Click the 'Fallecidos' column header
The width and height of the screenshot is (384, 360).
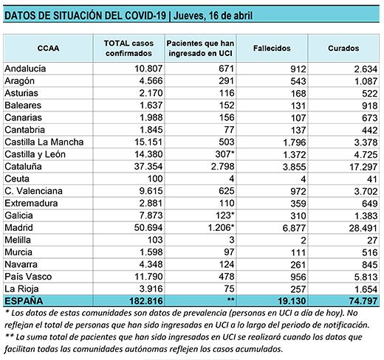(272, 48)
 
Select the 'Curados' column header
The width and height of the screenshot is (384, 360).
(343, 48)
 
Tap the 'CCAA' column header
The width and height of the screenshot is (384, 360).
(48, 48)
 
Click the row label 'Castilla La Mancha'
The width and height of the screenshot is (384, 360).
(44, 142)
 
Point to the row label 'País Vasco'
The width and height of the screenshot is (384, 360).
(28, 277)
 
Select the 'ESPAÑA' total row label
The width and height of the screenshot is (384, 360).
(24, 301)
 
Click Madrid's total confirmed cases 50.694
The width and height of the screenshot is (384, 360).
(148, 228)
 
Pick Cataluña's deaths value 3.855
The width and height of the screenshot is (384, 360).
(294, 167)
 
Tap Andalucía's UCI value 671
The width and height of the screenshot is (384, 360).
(227, 69)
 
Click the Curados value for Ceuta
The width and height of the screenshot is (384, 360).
(372, 179)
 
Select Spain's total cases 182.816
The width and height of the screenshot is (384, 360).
(146, 301)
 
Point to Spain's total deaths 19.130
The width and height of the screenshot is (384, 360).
(292, 301)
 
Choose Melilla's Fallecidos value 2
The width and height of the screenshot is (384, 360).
(304, 240)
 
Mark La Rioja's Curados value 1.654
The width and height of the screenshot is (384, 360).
(366, 289)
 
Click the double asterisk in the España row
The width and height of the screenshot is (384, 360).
(230, 300)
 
